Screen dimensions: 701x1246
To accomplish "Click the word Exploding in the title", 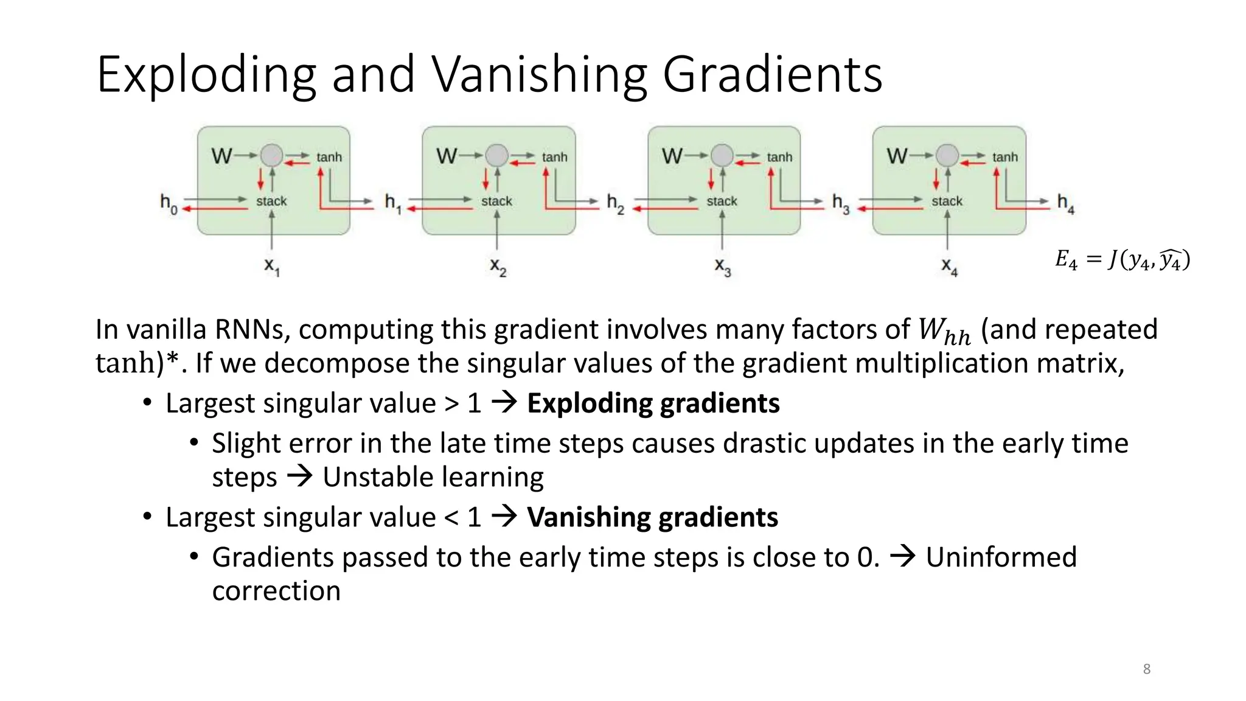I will coord(206,75).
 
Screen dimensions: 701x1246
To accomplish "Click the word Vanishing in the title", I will coord(540,75).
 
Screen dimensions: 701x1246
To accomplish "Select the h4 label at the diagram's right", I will coord(1065,203).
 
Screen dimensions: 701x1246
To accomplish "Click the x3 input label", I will coord(722,267).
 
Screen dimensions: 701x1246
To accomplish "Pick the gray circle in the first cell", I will coord(271,155).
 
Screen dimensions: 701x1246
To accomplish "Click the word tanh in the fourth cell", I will coord(1004,157).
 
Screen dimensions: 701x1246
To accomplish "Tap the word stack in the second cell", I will coord(496,201).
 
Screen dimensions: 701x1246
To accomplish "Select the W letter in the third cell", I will coord(672,156).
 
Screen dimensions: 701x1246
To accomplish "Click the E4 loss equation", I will coord(1122,260).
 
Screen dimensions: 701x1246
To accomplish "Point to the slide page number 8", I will coord(1146,669).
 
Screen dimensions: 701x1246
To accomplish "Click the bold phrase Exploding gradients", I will coord(653,403).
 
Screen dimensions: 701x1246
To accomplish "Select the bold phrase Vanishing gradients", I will coord(652,517).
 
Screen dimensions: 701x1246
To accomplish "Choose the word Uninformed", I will coord(1001,557).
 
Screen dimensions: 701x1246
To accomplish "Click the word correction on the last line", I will coord(276,591).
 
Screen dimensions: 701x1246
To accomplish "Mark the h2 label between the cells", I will coord(615,203).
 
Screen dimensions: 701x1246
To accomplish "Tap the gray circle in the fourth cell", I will coord(947,155).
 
